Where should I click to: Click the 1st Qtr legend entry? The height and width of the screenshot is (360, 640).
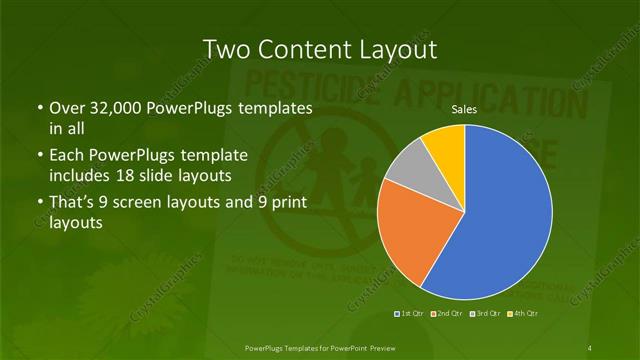point(410,313)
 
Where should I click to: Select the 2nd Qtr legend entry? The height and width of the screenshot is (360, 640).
point(446,313)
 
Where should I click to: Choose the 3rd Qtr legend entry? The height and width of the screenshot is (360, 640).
point(483,313)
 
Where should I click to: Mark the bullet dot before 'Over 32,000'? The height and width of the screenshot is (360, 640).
point(39,108)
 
